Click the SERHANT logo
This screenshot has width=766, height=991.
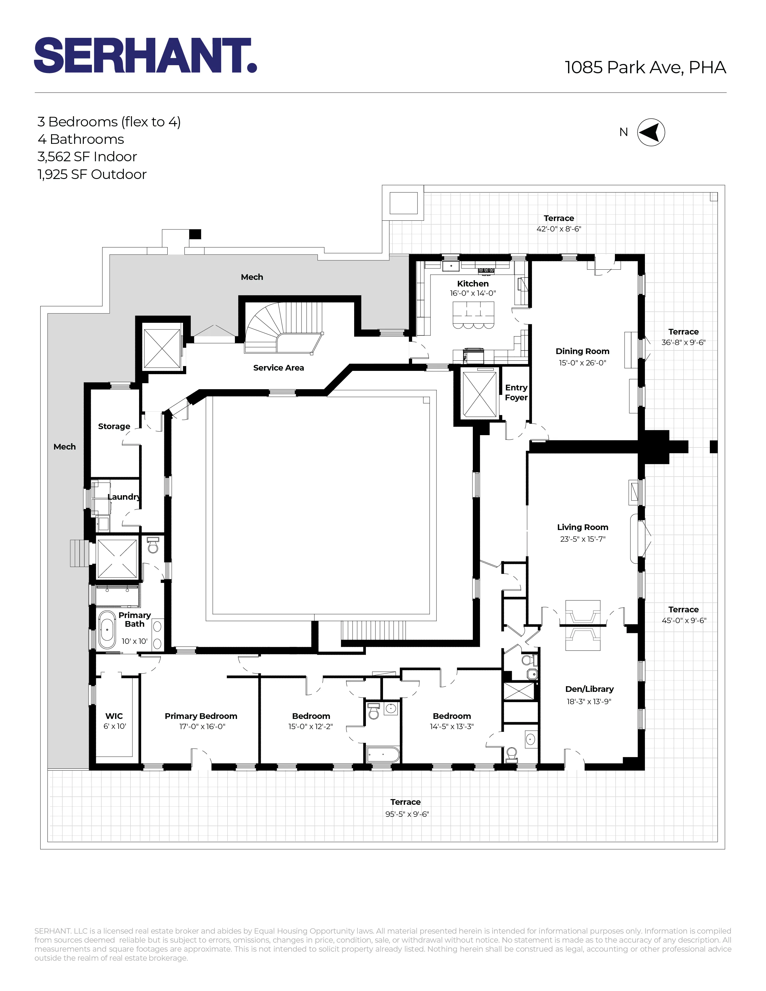pos(145,55)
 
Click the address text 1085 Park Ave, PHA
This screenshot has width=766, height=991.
pos(645,67)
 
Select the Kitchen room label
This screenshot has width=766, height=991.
pos(473,283)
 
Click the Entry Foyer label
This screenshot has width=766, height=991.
pos(516,392)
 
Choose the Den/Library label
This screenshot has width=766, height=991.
pos(589,689)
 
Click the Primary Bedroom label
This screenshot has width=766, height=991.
pos(201,716)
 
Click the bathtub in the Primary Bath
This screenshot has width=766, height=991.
pos(108,630)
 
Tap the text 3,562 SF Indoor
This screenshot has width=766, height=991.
pos(87,157)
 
